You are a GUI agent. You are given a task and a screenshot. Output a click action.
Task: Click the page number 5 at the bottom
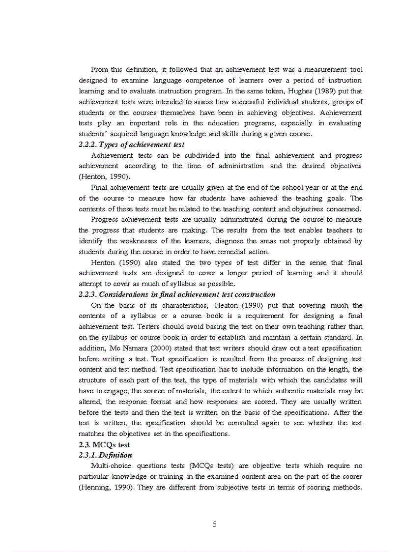point(214,524)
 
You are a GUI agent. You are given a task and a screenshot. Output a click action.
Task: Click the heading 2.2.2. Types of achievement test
point(132,145)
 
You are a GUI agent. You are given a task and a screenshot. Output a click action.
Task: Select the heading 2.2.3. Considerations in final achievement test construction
point(177,294)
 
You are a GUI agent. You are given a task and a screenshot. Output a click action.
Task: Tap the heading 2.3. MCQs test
point(97,445)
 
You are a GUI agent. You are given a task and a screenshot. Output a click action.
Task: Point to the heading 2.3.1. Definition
point(105,455)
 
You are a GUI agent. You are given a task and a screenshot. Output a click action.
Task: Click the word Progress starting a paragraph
point(105,220)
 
